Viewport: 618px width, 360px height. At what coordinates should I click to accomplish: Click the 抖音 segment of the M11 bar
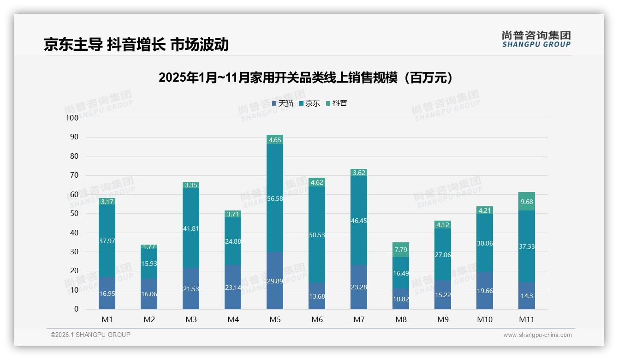527,201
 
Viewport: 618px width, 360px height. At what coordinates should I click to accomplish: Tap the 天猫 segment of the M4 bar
233,287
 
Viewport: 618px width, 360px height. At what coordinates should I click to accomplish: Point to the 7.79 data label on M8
401,250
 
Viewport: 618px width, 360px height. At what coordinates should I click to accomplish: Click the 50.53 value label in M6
317,235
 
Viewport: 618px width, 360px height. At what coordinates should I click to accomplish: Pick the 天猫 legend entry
283,103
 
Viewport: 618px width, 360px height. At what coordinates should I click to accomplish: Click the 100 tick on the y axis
72,118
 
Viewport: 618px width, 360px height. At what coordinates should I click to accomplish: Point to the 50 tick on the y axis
74,214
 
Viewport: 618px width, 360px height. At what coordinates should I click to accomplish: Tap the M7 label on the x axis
359,319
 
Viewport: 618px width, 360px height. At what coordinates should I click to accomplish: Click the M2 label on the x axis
149,319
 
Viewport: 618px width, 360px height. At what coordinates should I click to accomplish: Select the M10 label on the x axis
485,319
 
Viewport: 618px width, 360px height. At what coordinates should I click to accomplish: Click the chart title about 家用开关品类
305,78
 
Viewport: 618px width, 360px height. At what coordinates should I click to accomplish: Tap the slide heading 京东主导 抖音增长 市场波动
136,44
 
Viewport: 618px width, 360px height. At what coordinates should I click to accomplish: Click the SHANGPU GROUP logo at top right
536,39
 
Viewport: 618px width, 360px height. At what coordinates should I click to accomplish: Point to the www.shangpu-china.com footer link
537,335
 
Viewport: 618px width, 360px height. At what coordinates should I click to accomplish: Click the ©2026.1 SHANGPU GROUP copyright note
90,335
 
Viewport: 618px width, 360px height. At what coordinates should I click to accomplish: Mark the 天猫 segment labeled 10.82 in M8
401,299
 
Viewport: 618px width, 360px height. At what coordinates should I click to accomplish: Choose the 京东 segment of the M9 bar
443,254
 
